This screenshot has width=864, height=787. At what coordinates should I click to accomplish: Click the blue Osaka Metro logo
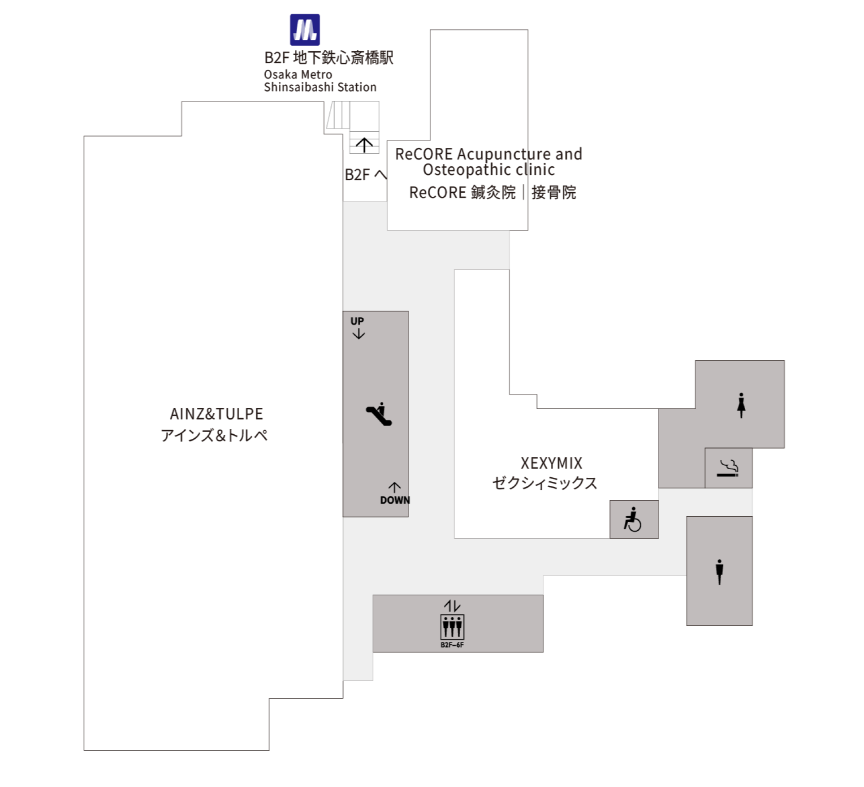(305, 30)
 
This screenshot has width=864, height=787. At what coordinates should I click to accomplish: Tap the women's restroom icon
(741, 405)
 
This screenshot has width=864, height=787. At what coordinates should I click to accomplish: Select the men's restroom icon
(719, 572)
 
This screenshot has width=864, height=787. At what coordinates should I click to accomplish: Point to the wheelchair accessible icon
(633, 519)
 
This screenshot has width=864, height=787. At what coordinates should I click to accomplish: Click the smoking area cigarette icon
(727, 468)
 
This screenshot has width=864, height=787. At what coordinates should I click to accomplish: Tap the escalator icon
(379, 414)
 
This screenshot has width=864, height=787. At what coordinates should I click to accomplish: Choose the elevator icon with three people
(452, 627)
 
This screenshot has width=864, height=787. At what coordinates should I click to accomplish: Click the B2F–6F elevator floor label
(452, 645)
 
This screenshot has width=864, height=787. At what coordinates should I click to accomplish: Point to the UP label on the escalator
(357, 321)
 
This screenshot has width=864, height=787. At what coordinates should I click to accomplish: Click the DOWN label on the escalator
(395, 500)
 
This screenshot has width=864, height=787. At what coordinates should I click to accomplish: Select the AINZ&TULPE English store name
(216, 414)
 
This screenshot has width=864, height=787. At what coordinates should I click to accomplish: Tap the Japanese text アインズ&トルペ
(214, 435)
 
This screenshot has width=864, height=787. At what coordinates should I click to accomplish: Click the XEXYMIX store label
(551, 463)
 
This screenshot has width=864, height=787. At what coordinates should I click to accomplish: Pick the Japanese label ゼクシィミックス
(544, 483)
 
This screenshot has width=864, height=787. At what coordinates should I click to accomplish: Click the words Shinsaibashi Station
(320, 87)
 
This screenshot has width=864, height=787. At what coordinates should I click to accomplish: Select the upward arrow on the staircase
(364, 144)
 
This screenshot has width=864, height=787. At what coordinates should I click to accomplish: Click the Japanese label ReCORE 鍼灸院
(462, 192)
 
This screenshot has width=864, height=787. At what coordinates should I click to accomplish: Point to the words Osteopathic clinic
(489, 170)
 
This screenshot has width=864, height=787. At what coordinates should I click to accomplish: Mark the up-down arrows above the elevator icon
(452, 606)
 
